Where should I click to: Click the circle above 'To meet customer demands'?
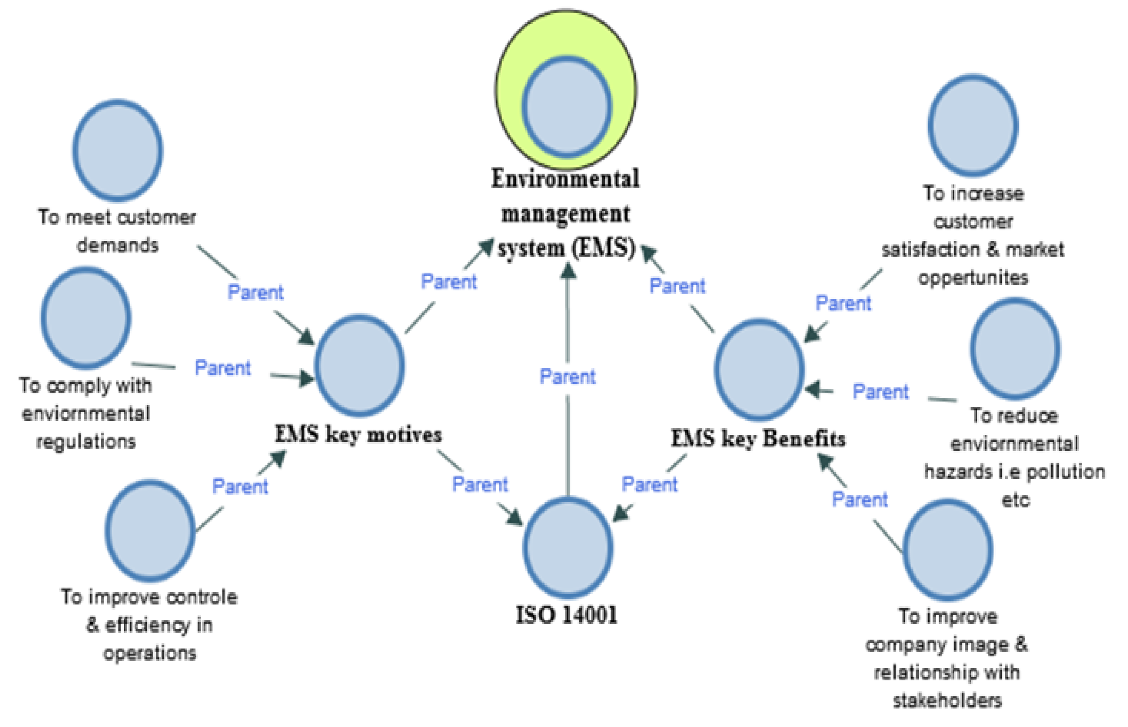point(118,150)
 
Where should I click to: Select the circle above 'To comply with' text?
point(86,317)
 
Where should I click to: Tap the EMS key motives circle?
point(359,366)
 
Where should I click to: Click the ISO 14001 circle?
point(568,548)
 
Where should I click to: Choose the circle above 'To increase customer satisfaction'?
point(973,126)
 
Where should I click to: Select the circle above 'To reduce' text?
point(1015,349)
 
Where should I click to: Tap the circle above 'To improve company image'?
point(947,550)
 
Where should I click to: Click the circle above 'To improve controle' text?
point(150,530)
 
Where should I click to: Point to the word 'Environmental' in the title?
point(565,178)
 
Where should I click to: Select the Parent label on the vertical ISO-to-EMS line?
point(567,377)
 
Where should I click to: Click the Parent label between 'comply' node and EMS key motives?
point(223,368)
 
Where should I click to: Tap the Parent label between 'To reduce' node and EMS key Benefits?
point(881,392)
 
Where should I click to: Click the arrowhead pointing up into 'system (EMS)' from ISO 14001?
point(568,271)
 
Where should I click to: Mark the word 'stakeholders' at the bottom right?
point(947,700)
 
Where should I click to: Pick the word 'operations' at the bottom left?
point(150,653)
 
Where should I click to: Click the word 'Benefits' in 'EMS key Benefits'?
point(804,439)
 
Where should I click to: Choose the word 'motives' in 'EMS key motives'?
point(404,435)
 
